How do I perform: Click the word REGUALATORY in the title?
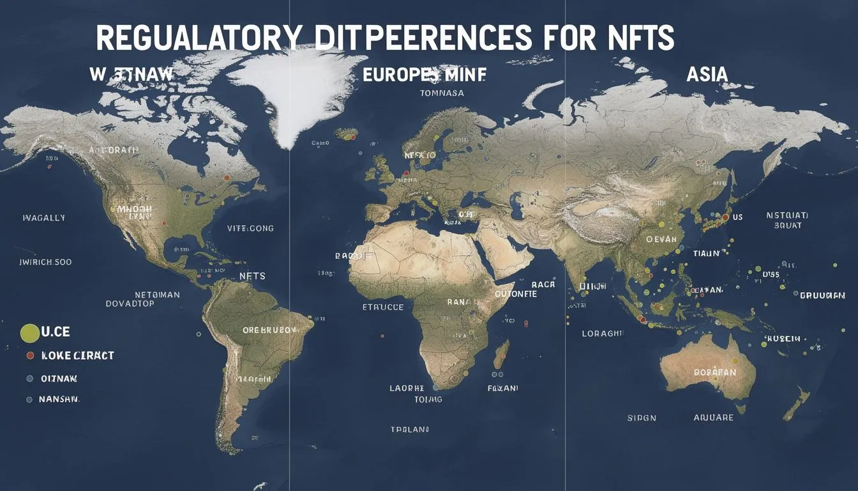point(196,38)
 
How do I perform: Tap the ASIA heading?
point(707,74)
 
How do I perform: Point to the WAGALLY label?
point(43,217)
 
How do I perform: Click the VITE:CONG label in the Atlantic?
point(250,228)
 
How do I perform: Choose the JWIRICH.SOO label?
point(45,262)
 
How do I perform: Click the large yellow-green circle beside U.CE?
point(30,333)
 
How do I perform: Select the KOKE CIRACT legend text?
point(77,355)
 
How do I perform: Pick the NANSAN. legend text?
point(59,399)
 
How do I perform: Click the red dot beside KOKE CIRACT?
point(29,355)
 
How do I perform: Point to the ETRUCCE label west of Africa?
point(382,307)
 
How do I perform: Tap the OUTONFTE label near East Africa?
point(516,295)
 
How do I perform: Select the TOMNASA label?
point(442,93)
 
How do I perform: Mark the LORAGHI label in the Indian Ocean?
point(602,333)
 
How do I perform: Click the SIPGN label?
point(641,418)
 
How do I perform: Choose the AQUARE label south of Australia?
point(714,417)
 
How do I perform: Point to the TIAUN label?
point(706,254)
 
